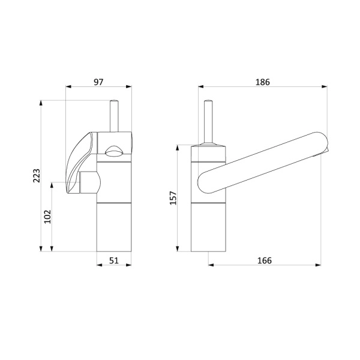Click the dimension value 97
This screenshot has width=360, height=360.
[98, 82]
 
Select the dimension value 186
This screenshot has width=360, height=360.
[263, 82]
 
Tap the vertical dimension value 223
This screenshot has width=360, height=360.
[37, 176]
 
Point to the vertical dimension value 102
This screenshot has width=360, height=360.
[47, 217]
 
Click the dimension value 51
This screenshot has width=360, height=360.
[114, 260]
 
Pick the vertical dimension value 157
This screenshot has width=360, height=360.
[173, 198]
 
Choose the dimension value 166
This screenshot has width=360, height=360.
[265, 260]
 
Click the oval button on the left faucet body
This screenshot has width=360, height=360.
[114, 152]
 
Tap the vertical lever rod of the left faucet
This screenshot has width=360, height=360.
[114, 116]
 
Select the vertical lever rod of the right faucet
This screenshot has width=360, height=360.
[208, 122]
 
